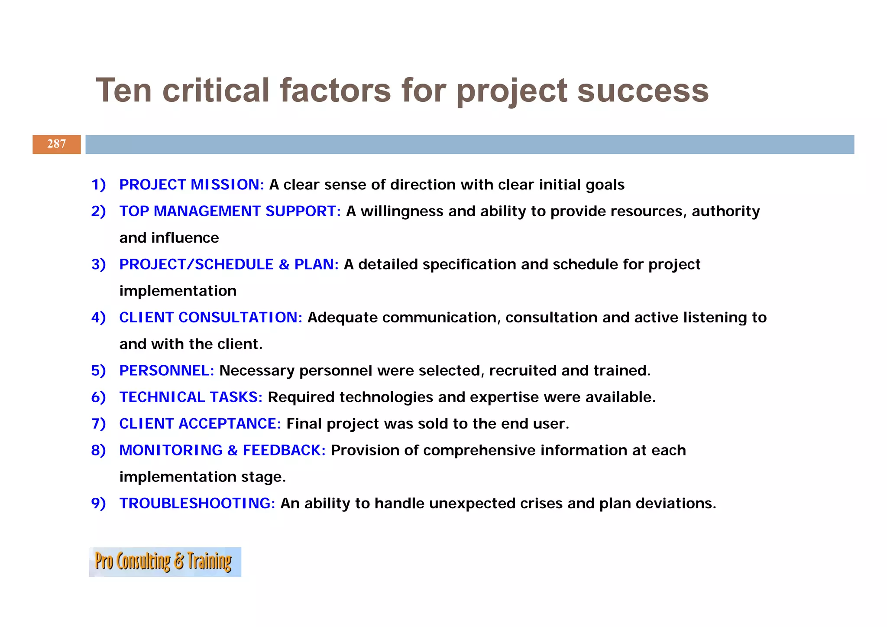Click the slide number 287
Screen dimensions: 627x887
[57, 144]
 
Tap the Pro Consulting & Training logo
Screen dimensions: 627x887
[165, 562]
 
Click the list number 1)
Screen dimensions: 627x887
[99, 185]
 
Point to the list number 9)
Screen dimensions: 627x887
[99, 504]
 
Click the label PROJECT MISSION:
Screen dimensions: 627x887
[191, 185]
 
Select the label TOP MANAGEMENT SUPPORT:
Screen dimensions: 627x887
[230, 211]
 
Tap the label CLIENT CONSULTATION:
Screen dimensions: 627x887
[210, 318]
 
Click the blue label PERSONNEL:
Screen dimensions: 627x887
[167, 370]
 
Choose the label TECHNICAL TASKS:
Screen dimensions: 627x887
[191, 397]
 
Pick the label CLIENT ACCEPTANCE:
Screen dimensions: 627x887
[200, 424]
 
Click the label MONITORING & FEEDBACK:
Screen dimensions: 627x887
[222, 450]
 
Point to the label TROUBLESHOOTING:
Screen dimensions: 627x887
[197, 504]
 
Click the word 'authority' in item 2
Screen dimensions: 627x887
[725, 211]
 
